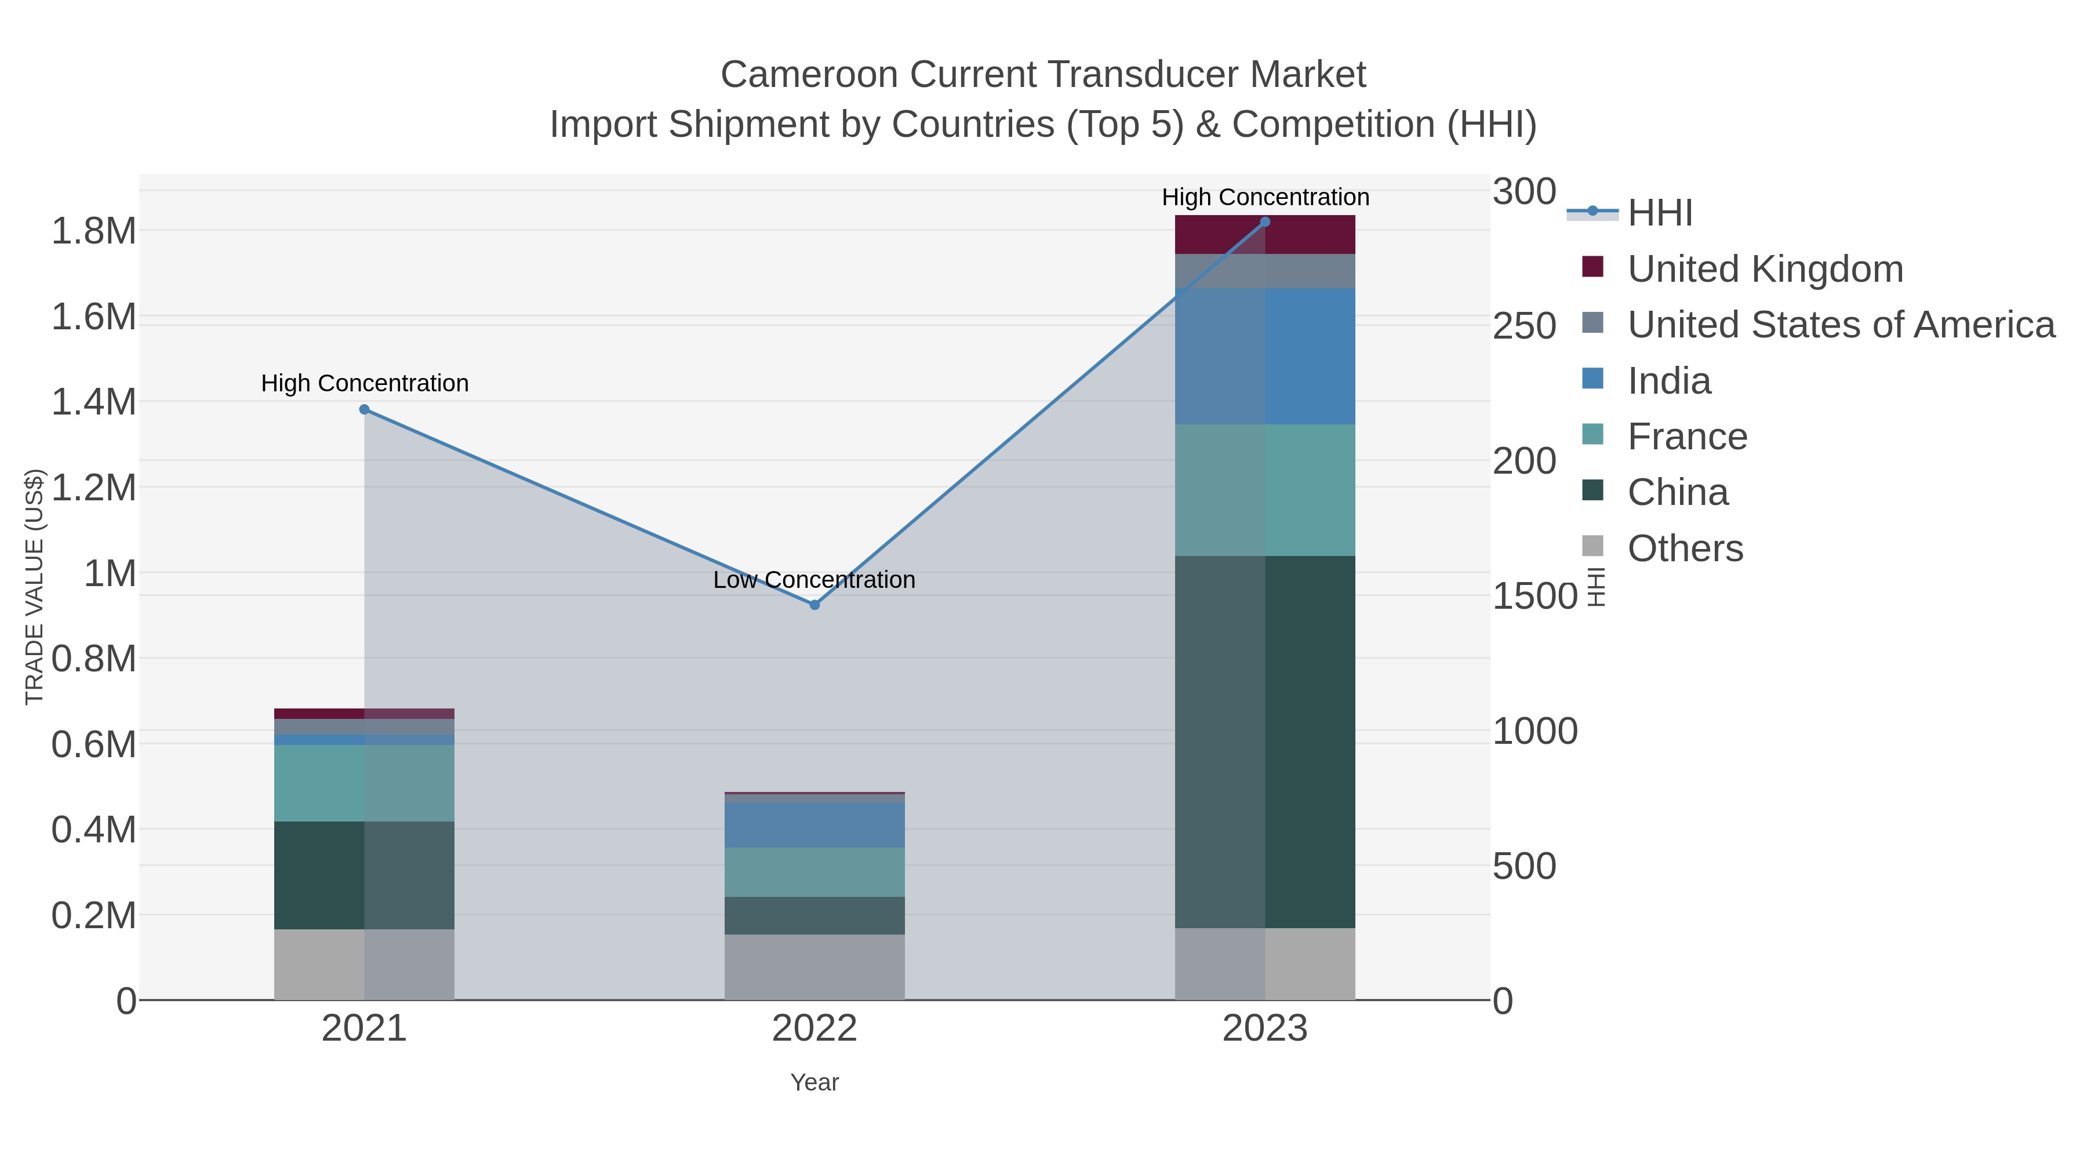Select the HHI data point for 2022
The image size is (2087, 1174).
tap(815, 605)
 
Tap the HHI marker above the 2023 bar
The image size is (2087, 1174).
tap(1265, 222)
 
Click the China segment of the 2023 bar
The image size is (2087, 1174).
tap(1265, 742)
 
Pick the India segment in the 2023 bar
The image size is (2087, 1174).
tap(1265, 356)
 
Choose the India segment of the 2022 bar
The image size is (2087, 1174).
tap(815, 825)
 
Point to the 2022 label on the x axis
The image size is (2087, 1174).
tap(815, 1029)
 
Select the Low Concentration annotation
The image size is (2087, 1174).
tap(815, 580)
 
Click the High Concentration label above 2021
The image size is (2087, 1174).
tap(365, 383)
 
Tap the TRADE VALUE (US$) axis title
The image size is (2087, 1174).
tap(34, 587)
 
